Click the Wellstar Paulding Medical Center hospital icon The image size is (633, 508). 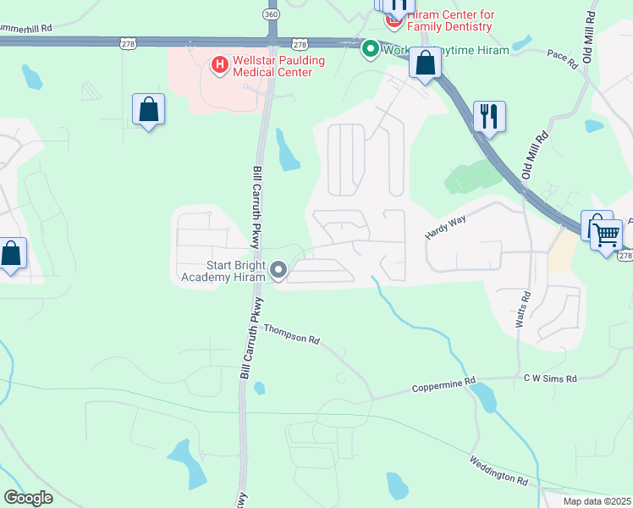219,63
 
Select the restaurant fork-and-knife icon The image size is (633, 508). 488,116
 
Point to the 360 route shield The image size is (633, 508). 271,15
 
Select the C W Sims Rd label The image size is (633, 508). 550,378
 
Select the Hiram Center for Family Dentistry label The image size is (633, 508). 449,21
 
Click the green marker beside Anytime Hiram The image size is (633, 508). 370,49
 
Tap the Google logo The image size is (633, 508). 29,498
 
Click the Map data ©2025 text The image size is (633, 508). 596,501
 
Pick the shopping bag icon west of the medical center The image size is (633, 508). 149,109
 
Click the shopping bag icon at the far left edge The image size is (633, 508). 10,253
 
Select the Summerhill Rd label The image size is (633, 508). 26,28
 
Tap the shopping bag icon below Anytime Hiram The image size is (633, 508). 425,63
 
